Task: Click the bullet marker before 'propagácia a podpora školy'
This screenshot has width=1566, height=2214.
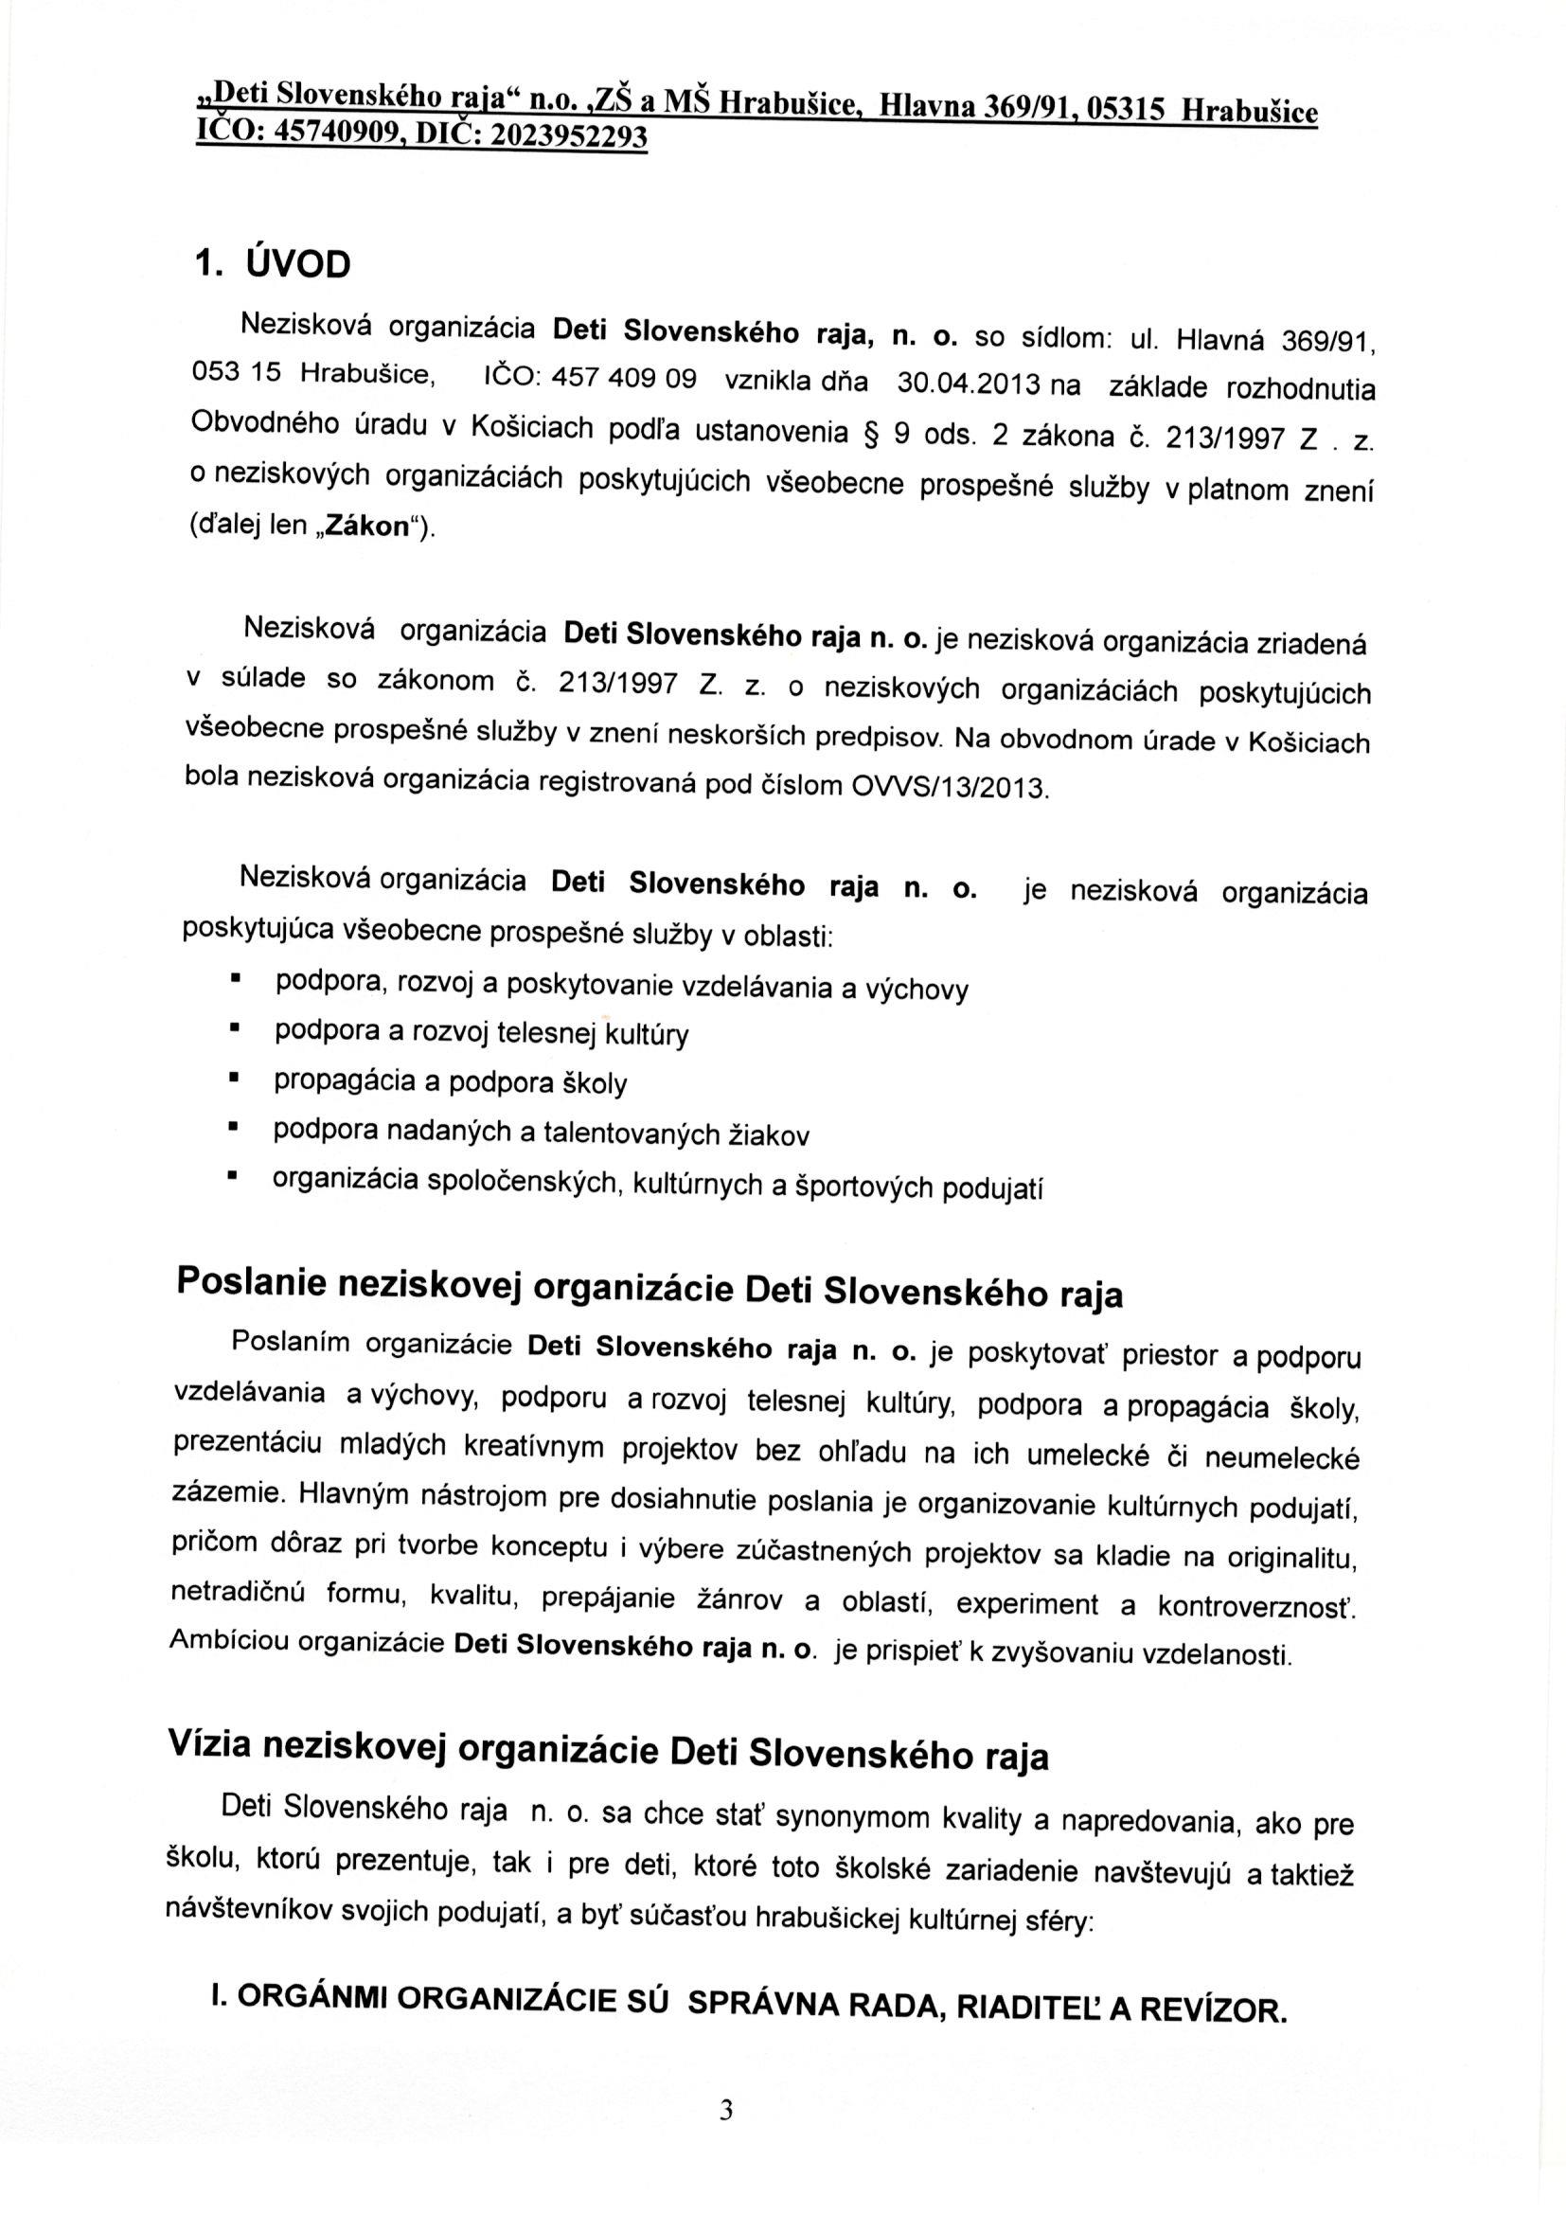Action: (x=233, y=1079)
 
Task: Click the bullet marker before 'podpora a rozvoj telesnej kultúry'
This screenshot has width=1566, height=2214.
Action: (x=233, y=1029)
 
